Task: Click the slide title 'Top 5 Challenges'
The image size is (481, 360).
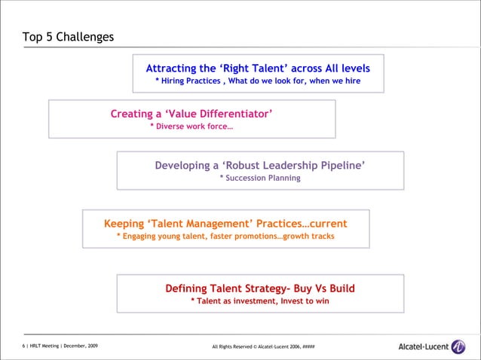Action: coord(68,36)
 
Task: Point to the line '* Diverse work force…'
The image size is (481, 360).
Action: coord(191,127)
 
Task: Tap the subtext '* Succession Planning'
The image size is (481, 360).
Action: coord(259,178)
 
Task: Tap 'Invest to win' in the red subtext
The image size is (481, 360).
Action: coord(305,301)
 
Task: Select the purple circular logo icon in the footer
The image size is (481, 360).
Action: coord(459,347)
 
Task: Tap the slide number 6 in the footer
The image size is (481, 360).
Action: coord(23,346)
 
